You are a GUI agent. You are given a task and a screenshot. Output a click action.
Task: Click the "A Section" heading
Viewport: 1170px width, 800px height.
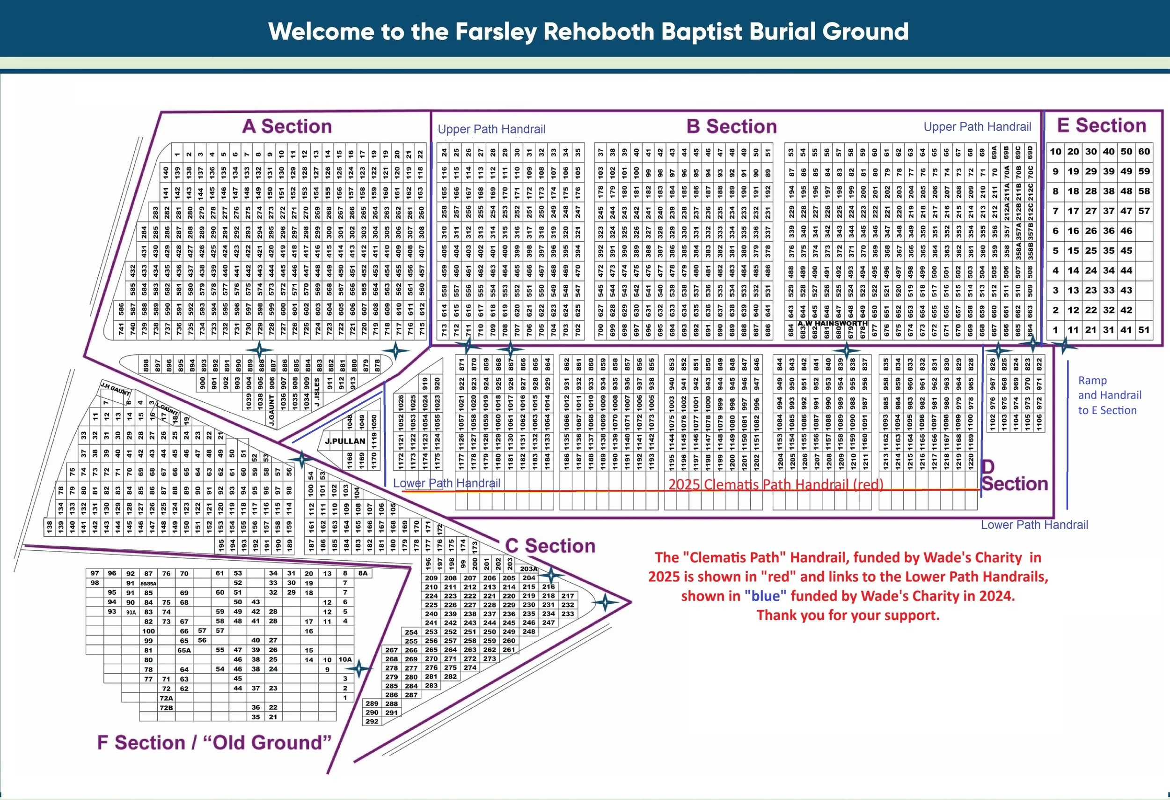tap(287, 126)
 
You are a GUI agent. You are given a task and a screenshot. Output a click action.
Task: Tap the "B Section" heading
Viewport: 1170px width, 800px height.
tap(731, 126)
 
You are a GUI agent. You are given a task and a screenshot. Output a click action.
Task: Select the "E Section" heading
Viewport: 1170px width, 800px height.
tap(1102, 126)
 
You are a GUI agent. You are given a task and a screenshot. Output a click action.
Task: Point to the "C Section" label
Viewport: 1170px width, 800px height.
tap(550, 546)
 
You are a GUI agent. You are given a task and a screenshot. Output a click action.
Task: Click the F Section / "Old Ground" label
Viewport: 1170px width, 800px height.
tap(214, 742)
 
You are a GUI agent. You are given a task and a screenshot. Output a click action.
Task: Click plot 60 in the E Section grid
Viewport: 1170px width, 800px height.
tap(1144, 151)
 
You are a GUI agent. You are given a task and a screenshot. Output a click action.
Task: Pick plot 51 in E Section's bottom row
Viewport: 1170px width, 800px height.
tap(1144, 330)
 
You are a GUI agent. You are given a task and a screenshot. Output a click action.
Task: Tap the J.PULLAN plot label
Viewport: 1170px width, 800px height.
tap(345, 441)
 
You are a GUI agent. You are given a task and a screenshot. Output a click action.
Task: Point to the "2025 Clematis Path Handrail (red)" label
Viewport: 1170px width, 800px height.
tap(775, 484)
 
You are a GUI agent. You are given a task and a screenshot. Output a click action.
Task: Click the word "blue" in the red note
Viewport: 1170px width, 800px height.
tap(765, 596)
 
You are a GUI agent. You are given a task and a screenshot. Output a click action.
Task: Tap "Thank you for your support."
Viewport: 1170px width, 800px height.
tap(848, 615)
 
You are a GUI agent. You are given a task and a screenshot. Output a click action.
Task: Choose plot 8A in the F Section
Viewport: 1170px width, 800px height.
tap(363, 573)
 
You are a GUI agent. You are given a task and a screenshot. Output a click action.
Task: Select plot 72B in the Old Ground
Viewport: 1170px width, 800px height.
tap(166, 708)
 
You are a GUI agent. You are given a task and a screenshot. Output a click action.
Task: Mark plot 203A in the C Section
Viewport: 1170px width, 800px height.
tap(529, 569)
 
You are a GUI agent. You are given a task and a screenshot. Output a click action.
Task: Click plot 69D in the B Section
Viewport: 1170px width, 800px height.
tap(1030, 152)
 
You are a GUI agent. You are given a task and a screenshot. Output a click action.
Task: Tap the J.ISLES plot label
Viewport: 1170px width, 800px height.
tap(317, 392)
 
